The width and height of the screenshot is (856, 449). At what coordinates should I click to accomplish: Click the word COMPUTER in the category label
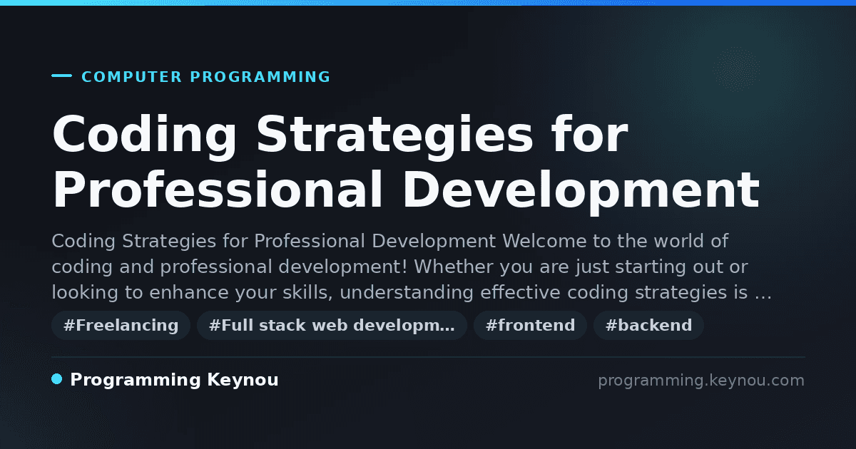[x=131, y=77]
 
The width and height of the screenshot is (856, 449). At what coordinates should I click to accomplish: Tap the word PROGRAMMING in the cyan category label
[x=260, y=77]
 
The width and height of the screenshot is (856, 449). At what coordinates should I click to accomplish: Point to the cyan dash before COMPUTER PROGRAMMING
[x=61, y=76]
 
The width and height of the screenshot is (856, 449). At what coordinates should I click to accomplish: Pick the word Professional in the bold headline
[x=217, y=190]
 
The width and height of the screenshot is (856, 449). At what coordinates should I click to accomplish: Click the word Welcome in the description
[x=544, y=242]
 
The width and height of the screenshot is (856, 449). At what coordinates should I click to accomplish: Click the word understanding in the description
[x=406, y=293]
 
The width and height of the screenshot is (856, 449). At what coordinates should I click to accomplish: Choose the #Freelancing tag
[x=121, y=325]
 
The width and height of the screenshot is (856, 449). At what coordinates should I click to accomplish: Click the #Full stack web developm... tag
[x=332, y=325]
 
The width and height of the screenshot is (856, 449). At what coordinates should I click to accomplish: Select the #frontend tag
[x=530, y=325]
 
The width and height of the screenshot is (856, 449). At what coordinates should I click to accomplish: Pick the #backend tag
[x=648, y=325]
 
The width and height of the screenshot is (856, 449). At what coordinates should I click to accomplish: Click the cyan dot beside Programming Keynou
[x=57, y=379]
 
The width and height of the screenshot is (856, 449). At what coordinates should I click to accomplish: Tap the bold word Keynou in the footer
[x=243, y=380]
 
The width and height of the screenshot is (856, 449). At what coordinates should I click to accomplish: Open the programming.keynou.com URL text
[x=701, y=381]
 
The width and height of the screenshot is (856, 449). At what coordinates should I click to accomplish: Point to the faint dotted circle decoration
[x=736, y=70]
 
